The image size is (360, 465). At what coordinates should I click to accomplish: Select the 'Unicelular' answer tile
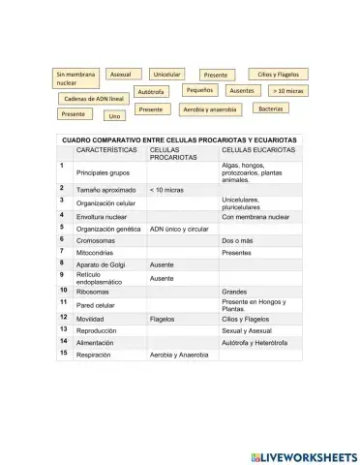click(166, 74)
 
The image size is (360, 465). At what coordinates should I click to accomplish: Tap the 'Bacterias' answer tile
click(270, 108)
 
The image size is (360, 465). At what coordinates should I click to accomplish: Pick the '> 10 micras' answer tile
click(287, 90)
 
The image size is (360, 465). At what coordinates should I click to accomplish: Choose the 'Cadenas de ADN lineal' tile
click(94, 99)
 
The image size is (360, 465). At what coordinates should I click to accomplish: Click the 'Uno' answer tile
click(115, 115)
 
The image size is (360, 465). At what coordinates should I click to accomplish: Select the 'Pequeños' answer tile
click(199, 89)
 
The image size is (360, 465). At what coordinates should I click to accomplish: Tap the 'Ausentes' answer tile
click(242, 90)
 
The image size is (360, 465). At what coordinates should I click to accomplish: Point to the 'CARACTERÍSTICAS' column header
click(107, 150)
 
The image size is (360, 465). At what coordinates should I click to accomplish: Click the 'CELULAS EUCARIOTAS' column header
click(257, 150)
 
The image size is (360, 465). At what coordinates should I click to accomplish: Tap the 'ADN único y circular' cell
click(179, 229)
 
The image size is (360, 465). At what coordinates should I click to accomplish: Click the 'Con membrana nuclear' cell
click(256, 216)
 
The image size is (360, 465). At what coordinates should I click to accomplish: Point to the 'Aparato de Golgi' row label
click(101, 263)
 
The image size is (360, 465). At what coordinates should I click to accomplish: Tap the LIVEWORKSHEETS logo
click(304, 454)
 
